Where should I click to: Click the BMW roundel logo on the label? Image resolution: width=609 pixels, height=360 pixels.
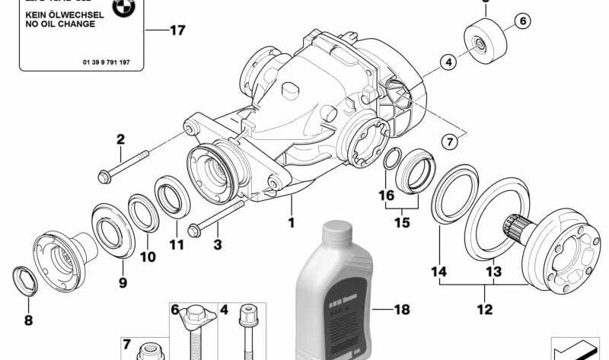(121, 8)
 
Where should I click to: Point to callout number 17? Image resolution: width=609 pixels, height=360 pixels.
(177, 31)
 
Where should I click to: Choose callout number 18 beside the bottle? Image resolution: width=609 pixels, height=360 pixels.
(400, 311)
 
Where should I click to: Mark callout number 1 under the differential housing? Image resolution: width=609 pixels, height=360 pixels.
(289, 225)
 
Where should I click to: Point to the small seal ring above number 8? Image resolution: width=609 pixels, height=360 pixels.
(24, 279)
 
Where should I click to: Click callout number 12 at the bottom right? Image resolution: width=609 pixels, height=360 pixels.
(484, 310)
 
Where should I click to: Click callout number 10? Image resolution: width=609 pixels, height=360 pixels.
(147, 256)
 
